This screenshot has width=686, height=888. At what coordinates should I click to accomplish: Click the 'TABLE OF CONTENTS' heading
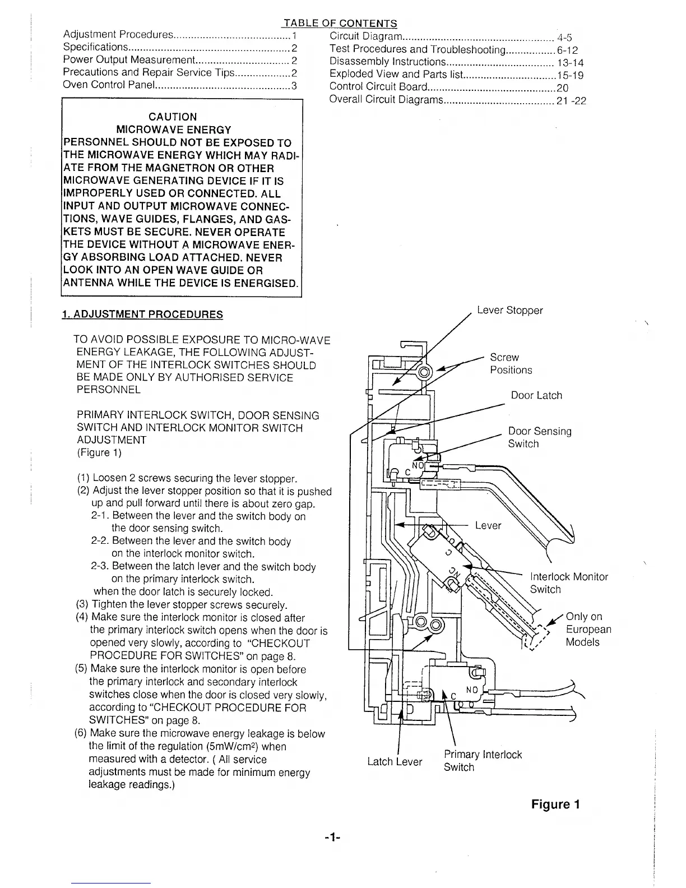341,23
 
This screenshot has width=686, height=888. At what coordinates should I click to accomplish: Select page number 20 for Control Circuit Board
562,87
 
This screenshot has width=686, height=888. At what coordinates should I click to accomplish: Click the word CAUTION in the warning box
173,117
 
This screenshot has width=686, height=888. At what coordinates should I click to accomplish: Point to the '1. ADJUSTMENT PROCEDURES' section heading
142,314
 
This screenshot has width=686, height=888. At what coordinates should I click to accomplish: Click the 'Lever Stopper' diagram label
509,311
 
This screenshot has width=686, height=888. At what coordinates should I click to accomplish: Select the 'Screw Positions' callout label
511,364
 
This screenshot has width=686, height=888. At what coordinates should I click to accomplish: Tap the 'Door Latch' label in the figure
536,395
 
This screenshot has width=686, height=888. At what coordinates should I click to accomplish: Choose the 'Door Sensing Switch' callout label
539,437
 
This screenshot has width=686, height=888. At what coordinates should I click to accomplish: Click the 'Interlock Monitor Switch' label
568,583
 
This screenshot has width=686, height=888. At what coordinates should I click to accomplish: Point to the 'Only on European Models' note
588,630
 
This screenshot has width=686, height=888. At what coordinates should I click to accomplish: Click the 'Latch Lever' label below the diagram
395,762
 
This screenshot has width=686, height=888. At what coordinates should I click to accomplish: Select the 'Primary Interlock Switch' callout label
482,761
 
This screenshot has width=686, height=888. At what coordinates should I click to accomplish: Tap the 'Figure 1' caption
555,804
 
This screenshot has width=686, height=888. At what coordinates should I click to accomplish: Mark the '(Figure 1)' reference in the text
99,452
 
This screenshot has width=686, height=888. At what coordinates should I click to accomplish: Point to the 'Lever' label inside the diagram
488,525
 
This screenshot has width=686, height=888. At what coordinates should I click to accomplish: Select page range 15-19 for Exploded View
570,74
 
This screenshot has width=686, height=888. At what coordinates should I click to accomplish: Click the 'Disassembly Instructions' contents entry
388,62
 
